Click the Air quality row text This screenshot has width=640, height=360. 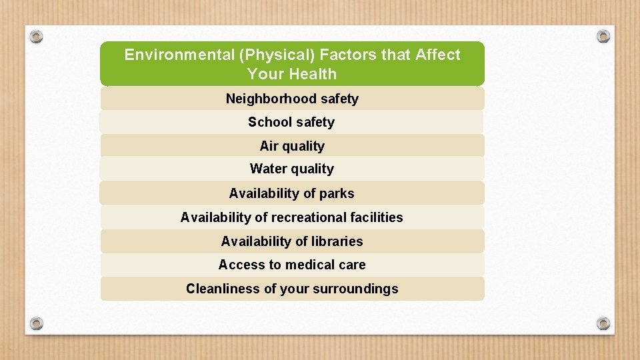(292, 146)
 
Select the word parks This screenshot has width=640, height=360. (337, 193)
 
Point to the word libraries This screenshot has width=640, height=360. (337, 241)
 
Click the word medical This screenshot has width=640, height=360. (310, 265)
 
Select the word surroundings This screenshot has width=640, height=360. (361, 289)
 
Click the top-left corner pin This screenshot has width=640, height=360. (37, 35)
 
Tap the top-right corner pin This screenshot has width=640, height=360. (603, 35)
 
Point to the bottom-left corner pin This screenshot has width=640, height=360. (37, 323)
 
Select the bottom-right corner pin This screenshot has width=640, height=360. (603, 323)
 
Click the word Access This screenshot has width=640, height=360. (241, 265)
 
